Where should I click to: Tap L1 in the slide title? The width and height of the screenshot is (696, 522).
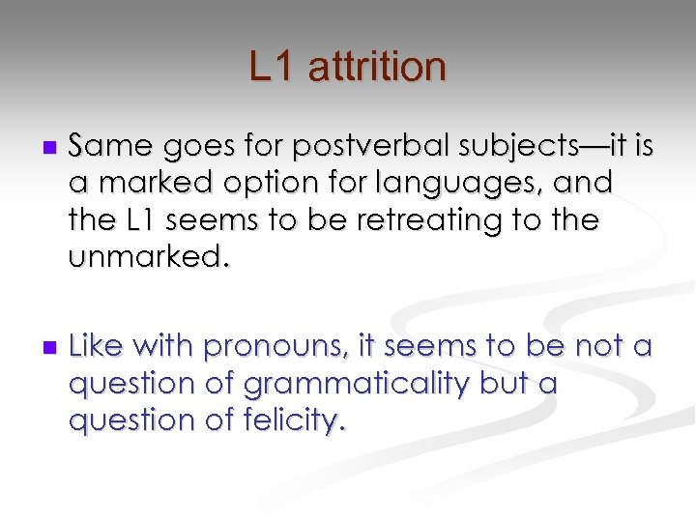coord(274,68)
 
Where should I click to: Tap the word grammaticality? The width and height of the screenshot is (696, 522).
coord(357,383)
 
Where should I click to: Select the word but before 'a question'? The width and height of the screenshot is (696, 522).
coord(504,383)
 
